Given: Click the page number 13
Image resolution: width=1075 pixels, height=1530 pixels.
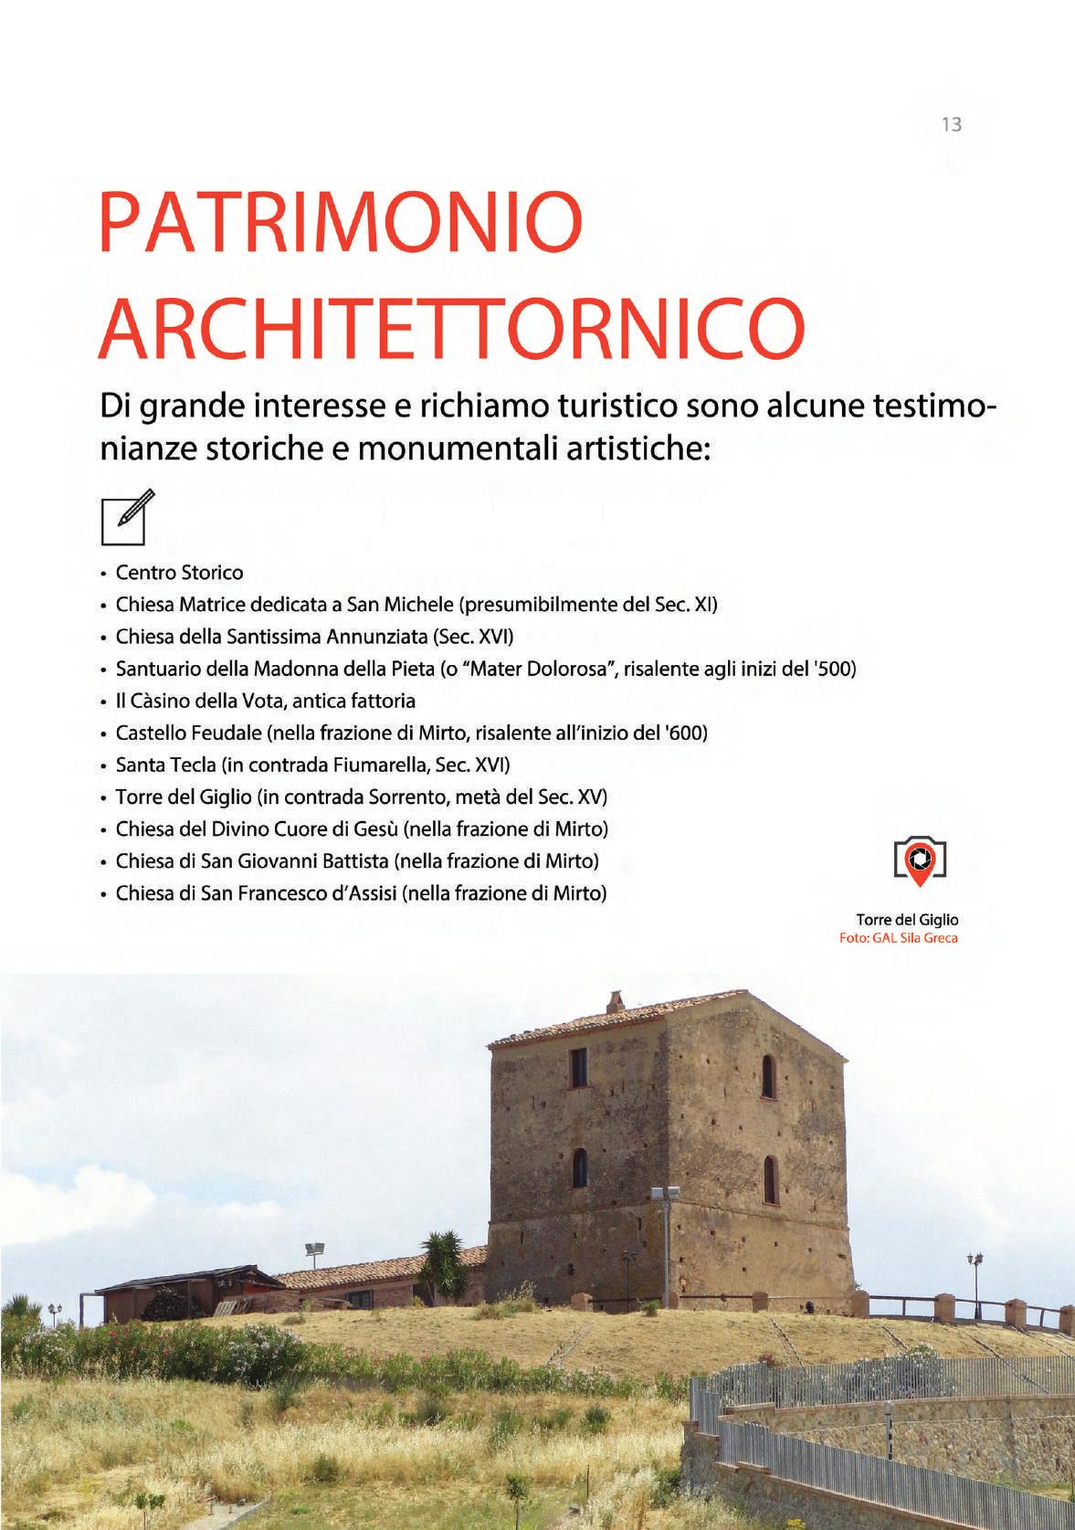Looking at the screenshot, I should [x=951, y=124].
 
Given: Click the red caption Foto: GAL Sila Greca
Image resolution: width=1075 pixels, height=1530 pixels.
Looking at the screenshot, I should [x=899, y=938].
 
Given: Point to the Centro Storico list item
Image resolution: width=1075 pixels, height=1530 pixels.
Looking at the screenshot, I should [x=179, y=574].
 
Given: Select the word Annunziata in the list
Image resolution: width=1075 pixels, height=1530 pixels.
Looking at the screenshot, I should [x=378, y=637].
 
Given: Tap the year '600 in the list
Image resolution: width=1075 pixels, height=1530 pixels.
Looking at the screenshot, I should [x=690, y=733].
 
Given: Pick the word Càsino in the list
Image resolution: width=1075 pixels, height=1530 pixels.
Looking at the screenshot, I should [x=159, y=701].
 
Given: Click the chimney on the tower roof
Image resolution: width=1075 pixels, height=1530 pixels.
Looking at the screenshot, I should [x=616, y=1002].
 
